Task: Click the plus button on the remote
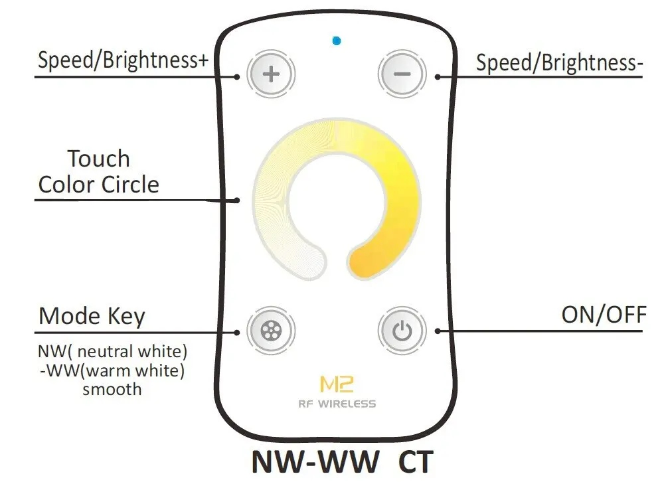coord(270,73)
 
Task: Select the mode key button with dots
coord(270,329)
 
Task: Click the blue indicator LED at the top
coord(337,41)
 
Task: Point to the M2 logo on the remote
coord(337,384)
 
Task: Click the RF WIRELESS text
coord(337,404)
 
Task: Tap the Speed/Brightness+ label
coord(123,60)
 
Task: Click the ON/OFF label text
coord(604,314)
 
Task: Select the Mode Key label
coord(92,317)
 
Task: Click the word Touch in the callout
coord(98,159)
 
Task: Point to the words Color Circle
coord(99,184)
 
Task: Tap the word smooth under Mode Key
coord(112,388)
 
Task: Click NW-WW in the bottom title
coord(315,462)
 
